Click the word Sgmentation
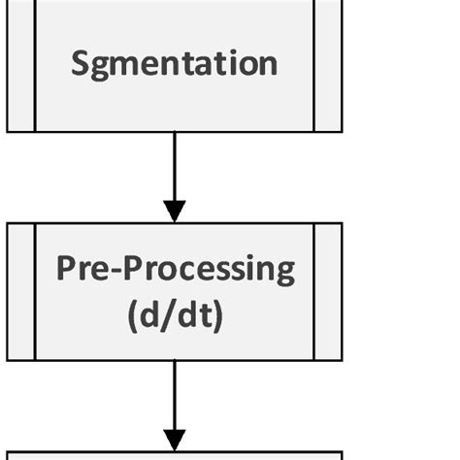175,63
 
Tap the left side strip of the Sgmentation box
20,63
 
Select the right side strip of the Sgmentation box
328,63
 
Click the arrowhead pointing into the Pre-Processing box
175,211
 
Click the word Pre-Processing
175,269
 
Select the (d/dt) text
175,316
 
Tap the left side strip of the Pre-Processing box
20,291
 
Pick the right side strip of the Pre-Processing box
328,291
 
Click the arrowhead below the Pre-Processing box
175,439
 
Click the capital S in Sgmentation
82,63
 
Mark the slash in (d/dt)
174,316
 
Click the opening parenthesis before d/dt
133,317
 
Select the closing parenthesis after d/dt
217,317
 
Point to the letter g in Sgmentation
104,67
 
